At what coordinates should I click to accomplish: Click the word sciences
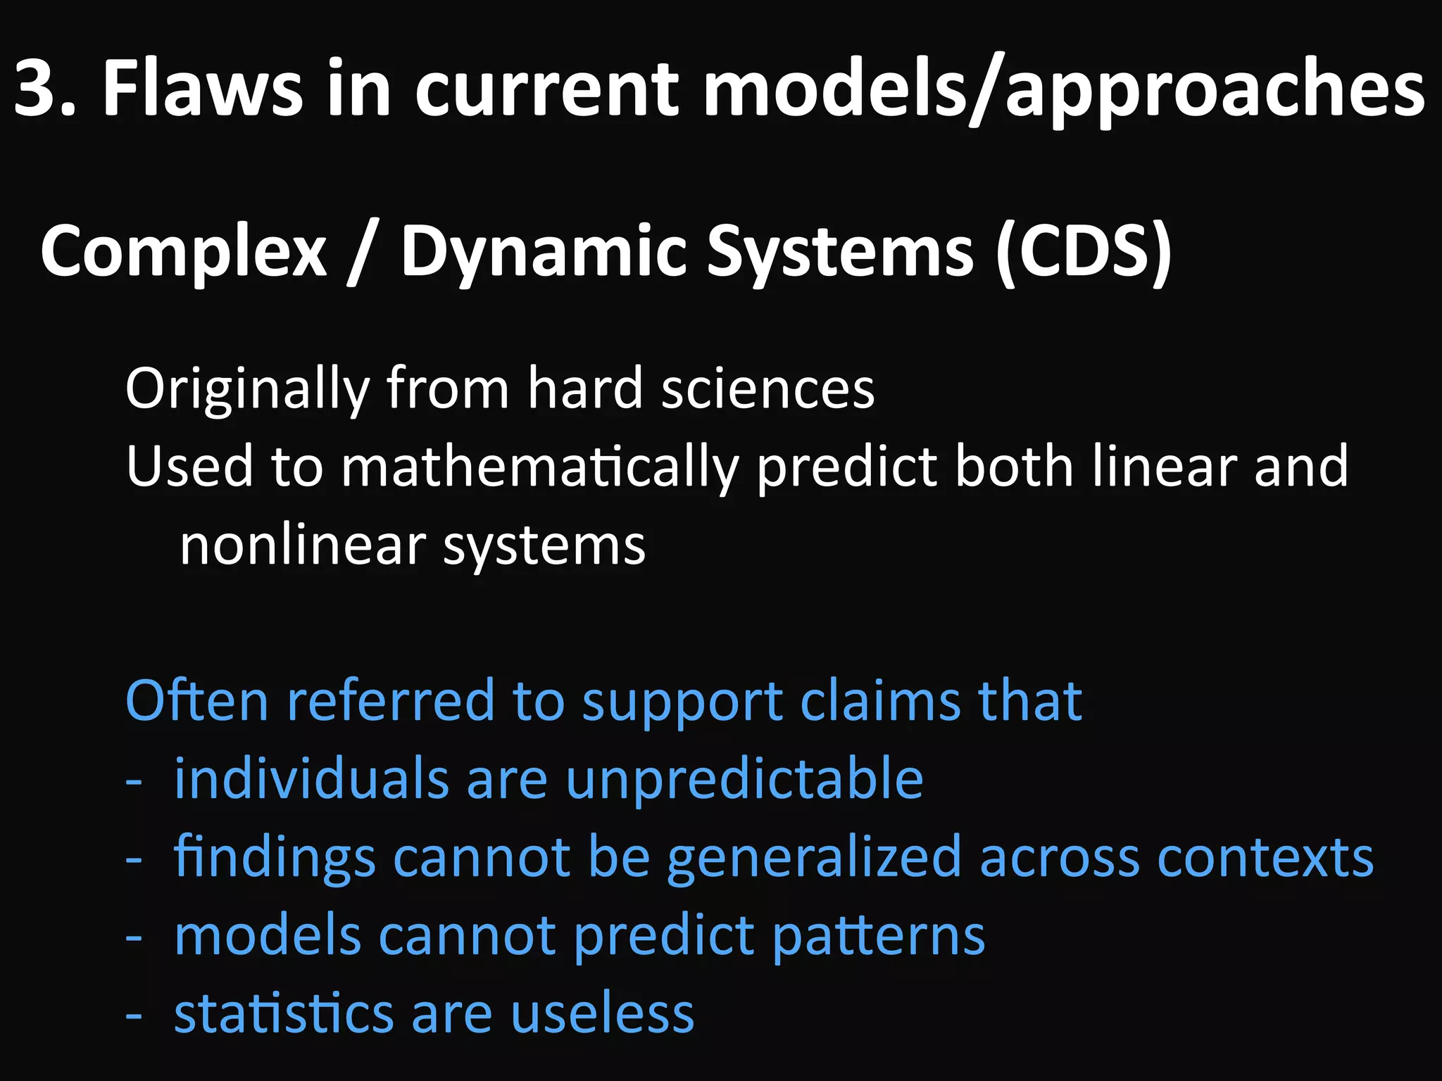click(x=768, y=389)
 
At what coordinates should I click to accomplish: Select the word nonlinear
click(x=303, y=546)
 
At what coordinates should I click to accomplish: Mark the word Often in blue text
click(x=196, y=701)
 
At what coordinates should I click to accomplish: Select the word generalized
click(x=814, y=859)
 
